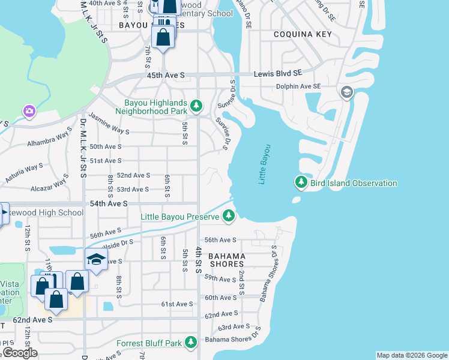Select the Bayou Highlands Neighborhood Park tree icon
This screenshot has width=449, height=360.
pos(196,106)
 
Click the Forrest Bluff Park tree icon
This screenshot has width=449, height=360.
pos(191,343)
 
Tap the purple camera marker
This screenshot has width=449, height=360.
pos(29,111)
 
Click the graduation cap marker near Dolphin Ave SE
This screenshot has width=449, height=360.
pos(346,92)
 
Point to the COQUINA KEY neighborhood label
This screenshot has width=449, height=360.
pos(302,34)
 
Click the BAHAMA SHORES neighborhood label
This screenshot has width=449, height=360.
pos(226,259)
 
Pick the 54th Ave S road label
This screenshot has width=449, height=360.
pos(109,203)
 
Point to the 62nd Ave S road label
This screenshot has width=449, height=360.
pos(33,320)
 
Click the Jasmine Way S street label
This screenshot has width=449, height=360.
pos(109,123)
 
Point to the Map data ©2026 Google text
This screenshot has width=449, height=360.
pos(411,355)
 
